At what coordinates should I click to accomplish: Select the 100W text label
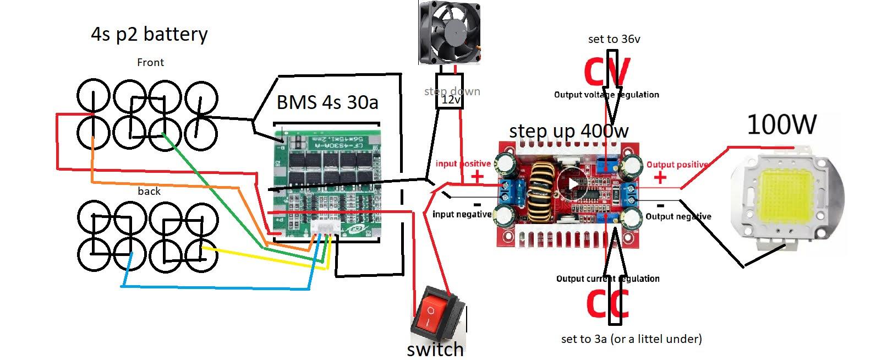(x=781, y=125)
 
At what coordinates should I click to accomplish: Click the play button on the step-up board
(x=573, y=184)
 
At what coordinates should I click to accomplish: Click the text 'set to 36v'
(x=614, y=39)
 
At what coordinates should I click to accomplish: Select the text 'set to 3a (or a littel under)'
(x=631, y=339)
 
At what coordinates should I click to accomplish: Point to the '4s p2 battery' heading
(x=149, y=34)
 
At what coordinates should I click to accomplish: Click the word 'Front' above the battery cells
(x=150, y=62)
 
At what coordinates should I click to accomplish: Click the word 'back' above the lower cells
(x=149, y=191)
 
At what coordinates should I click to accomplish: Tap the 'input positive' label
(x=463, y=163)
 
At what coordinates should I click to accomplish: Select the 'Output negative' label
(x=678, y=216)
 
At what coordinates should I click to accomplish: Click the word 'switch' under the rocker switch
(x=435, y=350)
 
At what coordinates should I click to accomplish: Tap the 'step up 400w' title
(x=568, y=131)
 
